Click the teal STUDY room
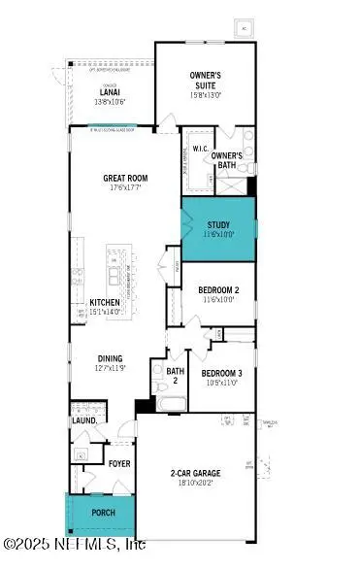217,227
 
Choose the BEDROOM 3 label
223,373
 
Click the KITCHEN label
105,302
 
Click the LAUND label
83,420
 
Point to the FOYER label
119,463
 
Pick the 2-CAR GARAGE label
196,472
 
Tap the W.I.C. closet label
201,149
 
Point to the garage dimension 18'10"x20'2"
198,481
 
